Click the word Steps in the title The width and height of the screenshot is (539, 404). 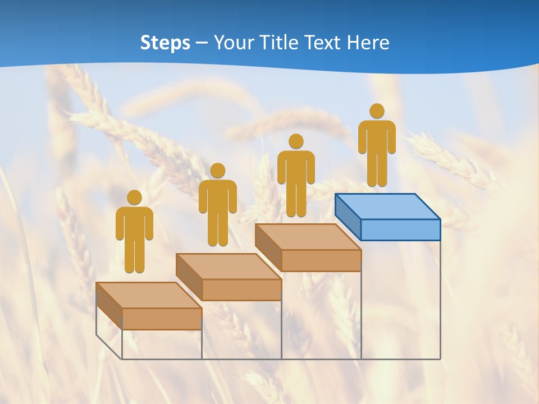165,43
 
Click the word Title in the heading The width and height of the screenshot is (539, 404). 279,43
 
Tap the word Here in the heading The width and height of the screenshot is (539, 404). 368,43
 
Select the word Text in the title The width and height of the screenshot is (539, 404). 325,43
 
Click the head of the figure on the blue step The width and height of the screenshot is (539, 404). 377,111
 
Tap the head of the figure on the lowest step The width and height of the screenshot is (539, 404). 134,198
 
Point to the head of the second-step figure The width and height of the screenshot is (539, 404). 217,171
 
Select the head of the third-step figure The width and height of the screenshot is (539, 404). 296,141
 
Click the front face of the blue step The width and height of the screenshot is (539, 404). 400,229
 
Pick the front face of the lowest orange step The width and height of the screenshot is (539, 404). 162,319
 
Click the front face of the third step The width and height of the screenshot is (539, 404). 321,260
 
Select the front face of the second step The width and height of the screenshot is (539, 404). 241,290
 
